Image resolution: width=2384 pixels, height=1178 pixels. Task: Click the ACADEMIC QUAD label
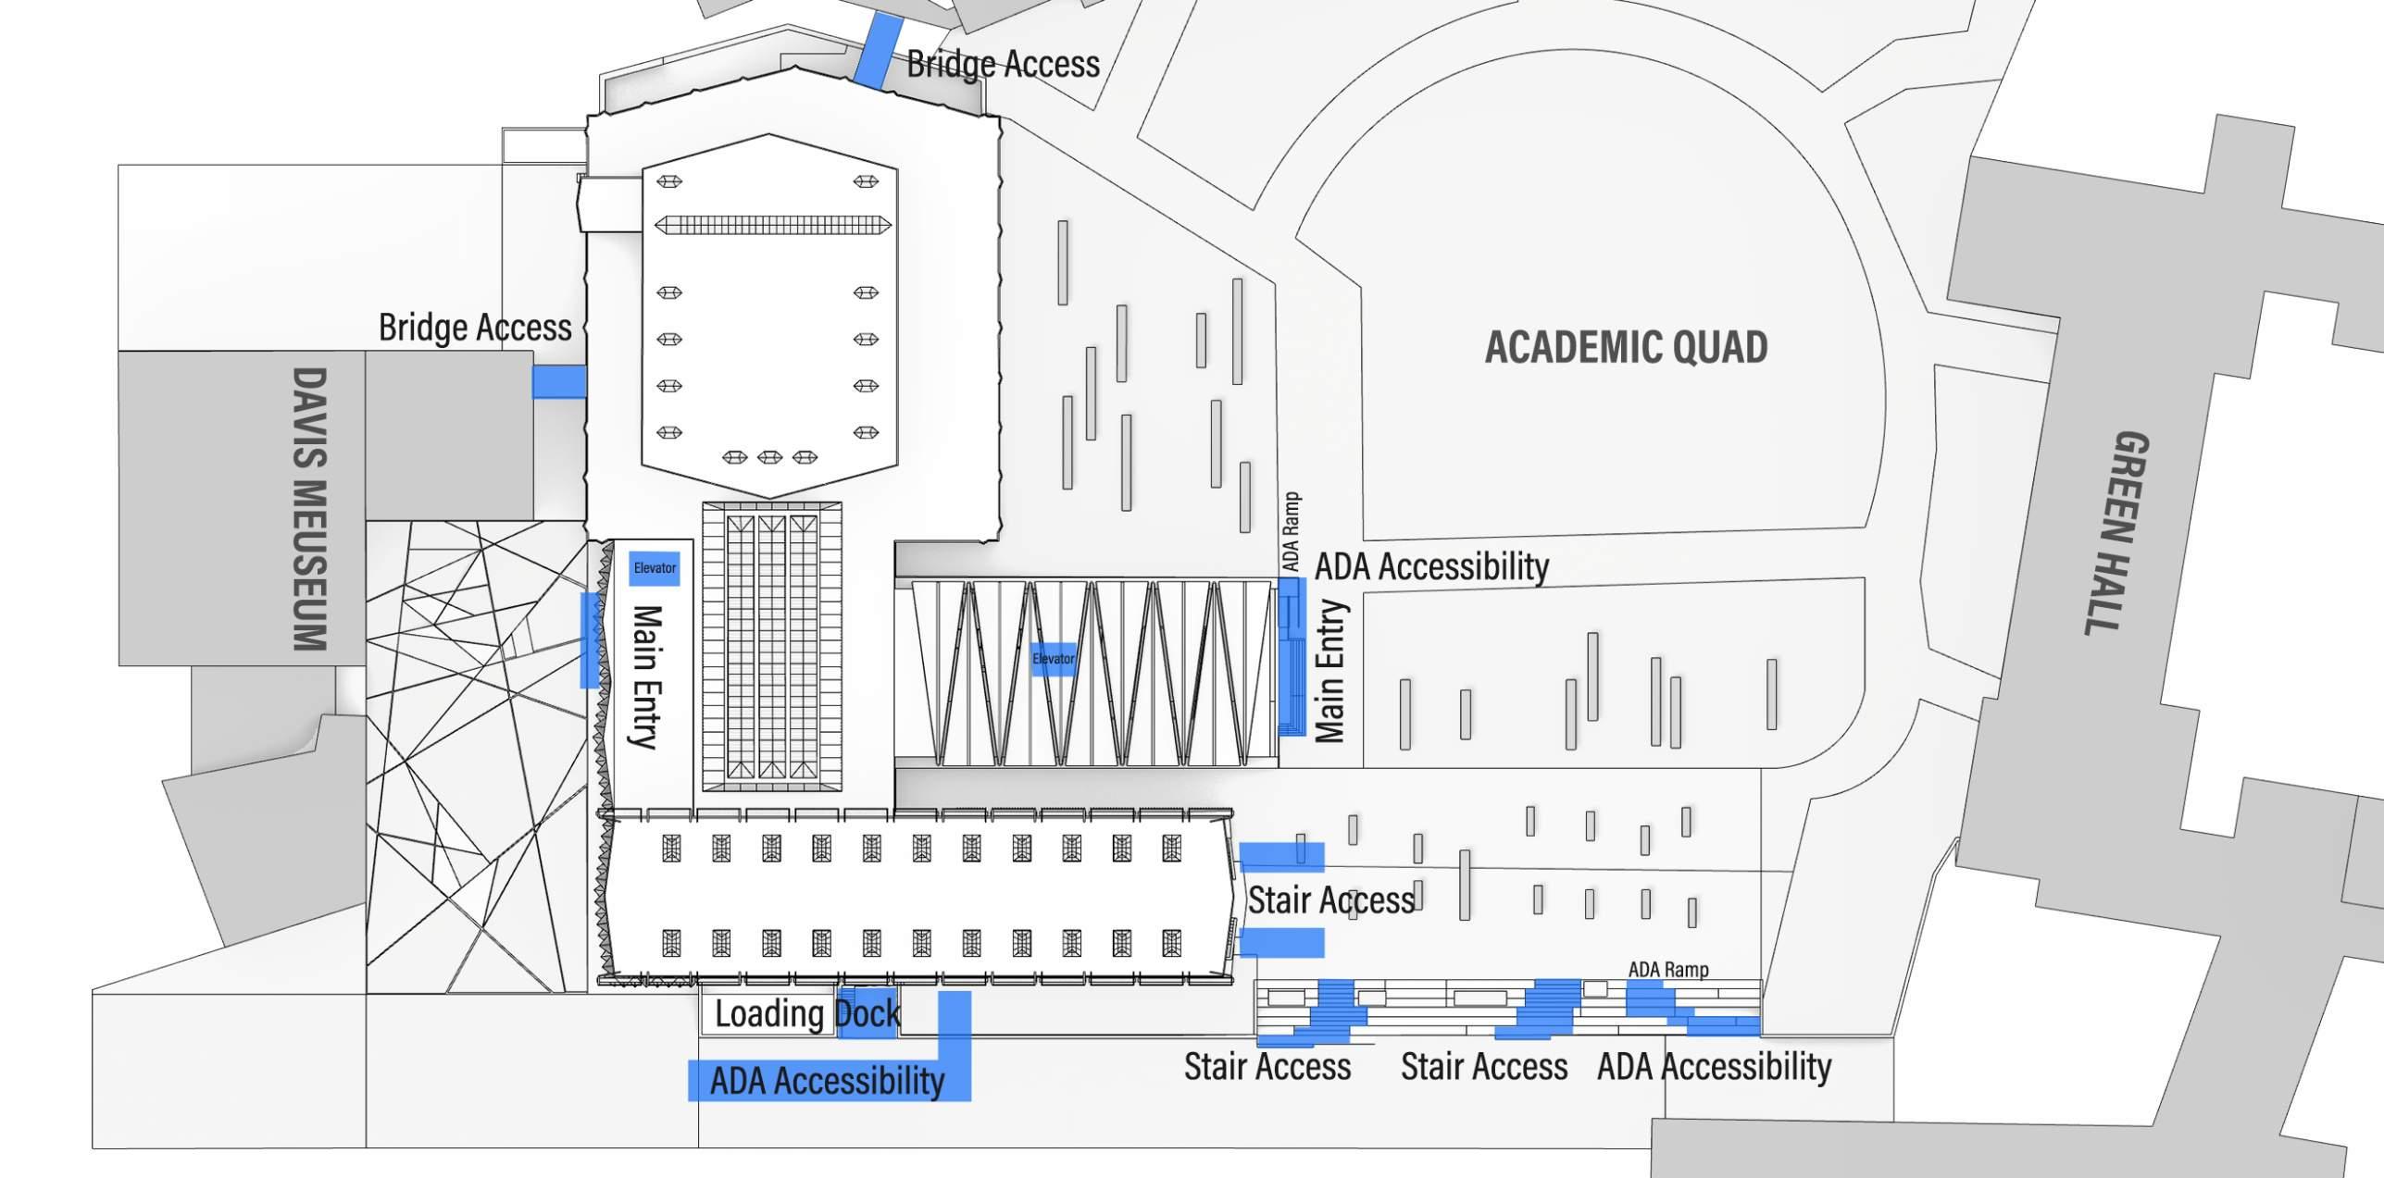1626,347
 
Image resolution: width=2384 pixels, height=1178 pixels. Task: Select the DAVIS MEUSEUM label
310,509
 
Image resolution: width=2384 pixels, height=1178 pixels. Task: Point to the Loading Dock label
806,1014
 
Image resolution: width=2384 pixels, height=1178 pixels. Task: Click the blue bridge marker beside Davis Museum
559,381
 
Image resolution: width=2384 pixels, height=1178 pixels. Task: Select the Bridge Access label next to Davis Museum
475,328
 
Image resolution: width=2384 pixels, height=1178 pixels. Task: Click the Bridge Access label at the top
1003,64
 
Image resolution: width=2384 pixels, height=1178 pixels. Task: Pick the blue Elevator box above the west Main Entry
655,568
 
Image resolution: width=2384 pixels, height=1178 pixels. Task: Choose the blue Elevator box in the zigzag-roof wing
1054,659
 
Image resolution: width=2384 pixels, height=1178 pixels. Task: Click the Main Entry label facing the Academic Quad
1330,671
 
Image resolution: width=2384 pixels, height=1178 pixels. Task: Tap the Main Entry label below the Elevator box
645,676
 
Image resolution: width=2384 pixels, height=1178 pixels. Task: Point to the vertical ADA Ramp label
1291,531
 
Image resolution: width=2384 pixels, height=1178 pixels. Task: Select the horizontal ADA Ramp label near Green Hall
1668,969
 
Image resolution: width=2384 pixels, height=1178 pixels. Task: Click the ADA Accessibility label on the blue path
827,1081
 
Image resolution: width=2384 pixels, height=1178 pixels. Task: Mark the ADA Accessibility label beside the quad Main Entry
1431,566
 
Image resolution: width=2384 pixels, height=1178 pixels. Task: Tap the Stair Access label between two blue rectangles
1330,899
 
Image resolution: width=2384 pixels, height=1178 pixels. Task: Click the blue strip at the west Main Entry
590,640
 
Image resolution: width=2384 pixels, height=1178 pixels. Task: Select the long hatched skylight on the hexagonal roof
772,225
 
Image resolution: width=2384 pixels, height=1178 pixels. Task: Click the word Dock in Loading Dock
867,1014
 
